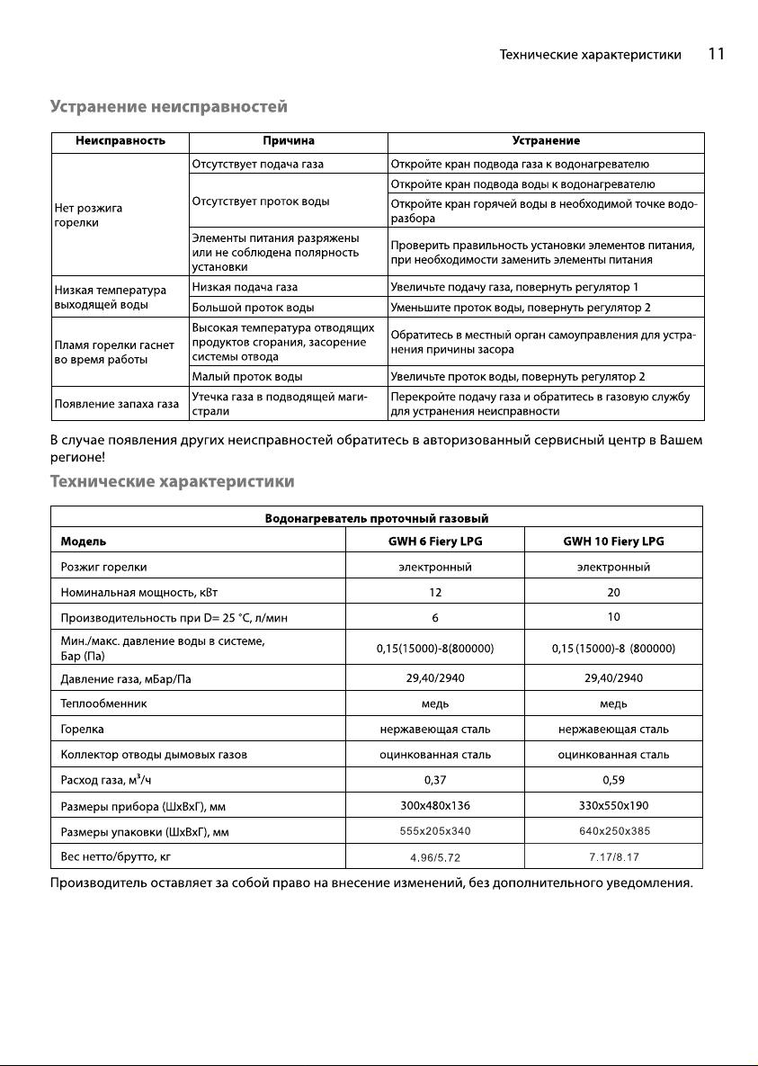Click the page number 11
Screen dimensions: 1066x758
(716, 54)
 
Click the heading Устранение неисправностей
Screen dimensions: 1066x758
(168, 107)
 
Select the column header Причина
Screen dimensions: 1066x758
(289, 141)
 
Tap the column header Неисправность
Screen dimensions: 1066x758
(120, 141)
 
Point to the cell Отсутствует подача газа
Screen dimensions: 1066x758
(258, 165)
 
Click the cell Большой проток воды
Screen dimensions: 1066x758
(253, 308)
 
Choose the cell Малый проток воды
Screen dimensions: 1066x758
(247, 376)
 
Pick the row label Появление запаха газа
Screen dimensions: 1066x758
(117, 403)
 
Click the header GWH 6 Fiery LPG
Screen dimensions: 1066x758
(435, 542)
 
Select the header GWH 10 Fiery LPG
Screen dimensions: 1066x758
(613, 542)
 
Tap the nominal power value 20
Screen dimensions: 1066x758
(613, 592)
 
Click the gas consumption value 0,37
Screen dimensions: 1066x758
(435, 779)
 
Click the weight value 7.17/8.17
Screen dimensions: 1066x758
(613, 855)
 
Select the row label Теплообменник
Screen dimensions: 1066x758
(103, 703)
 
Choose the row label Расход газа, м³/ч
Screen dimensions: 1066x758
(105, 779)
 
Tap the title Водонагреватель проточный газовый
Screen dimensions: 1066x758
(377, 517)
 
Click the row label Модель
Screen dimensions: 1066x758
(84, 542)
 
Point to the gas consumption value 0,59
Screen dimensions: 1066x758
(613, 779)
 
